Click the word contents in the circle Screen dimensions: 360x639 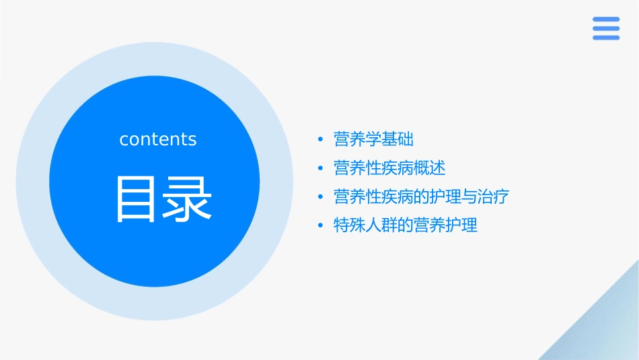coord(158,139)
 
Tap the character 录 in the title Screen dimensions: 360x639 coord(183,199)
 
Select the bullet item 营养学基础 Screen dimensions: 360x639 coord(373,139)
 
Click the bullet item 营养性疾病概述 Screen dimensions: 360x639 coord(389,168)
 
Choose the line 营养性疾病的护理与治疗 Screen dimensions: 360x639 coord(422,196)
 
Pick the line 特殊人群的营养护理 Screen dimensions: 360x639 coord(406,225)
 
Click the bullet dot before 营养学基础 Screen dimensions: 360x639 coord(321,140)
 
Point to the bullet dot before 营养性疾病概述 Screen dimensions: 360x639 coord(321,168)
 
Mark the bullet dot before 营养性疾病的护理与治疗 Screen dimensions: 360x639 coord(321,197)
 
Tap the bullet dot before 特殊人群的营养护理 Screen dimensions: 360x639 coord(321,226)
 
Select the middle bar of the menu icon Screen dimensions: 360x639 coord(605,28)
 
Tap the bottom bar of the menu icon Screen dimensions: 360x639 coord(605,38)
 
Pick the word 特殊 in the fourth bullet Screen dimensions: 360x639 coord(350,225)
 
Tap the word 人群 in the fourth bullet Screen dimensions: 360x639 coord(381,225)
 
